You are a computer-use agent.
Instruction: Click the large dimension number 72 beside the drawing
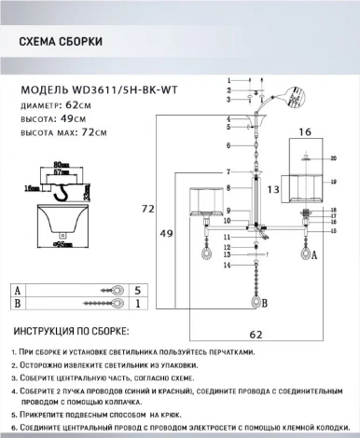(x=146, y=211)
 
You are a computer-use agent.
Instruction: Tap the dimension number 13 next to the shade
(x=273, y=189)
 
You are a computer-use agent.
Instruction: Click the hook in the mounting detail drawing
(x=62, y=193)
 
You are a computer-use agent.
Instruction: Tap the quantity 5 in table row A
(x=137, y=290)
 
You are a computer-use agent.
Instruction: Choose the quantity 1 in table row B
(x=137, y=304)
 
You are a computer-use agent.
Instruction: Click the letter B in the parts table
(x=18, y=304)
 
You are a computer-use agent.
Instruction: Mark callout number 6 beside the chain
(x=228, y=146)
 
